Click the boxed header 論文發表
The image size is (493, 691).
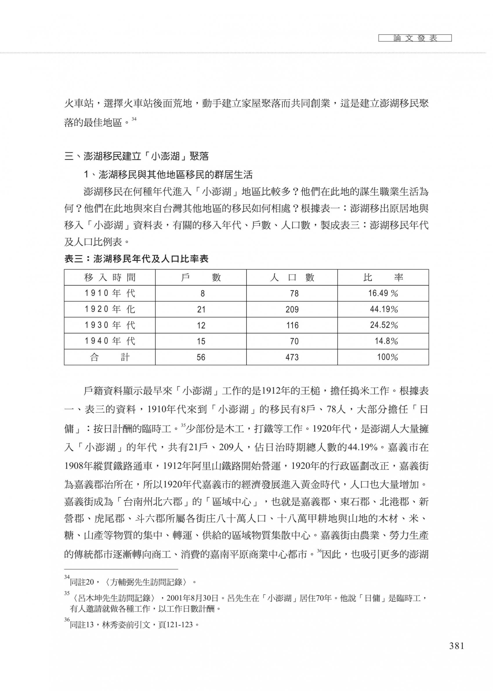(415, 38)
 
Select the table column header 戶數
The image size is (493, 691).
(201, 278)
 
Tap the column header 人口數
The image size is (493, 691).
(292, 278)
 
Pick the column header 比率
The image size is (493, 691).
(383, 278)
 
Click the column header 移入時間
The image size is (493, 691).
(110, 278)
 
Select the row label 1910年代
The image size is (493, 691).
(110, 293)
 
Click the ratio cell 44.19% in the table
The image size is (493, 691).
(384, 309)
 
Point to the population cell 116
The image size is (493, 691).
(292, 325)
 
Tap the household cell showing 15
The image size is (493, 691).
(201, 341)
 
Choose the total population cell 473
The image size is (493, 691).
(292, 357)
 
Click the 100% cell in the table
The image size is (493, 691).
(387, 357)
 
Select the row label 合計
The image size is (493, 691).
(110, 357)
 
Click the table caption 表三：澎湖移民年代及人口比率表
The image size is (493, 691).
(136, 259)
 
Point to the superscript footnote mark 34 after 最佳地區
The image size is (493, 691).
(134, 119)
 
